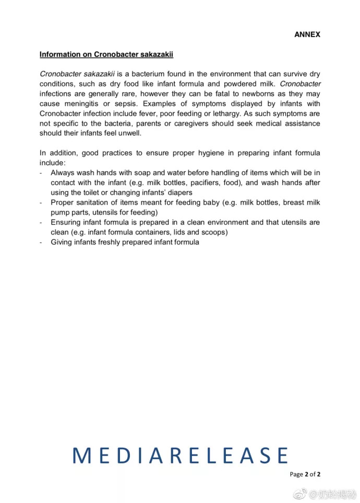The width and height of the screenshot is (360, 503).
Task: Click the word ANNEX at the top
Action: click(x=307, y=34)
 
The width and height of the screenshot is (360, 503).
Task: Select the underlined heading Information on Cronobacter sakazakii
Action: click(x=106, y=54)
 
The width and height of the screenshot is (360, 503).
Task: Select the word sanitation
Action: click(x=95, y=202)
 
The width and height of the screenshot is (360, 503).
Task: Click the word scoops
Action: click(x=215, y=232)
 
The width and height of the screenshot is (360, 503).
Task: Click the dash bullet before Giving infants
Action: click(x=41, y=242)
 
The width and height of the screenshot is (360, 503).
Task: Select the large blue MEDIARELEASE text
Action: click(x=180, y=456)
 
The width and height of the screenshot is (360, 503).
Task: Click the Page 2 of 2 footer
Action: click(x=305, y=474)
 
